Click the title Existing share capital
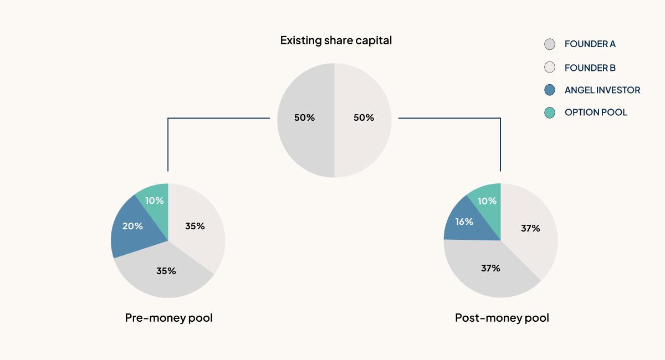click(336, 40)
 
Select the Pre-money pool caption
click(168, 318)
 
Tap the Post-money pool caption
click(502, 318)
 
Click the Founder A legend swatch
click(550, 44)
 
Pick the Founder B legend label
click(590, 68)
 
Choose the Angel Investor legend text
click(602, 90)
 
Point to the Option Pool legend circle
click(550, 112)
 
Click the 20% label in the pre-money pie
click(133, 226)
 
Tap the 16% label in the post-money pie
click(464, 222)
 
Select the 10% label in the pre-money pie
click(154, 200)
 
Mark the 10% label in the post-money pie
click(487, 201)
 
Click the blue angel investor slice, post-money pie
click(460, 230)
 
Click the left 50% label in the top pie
click(304, 117)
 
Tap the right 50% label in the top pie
click(364, 117)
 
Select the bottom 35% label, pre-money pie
click(166, 271)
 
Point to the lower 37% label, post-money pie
click(490, 268)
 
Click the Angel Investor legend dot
click(550, 90)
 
